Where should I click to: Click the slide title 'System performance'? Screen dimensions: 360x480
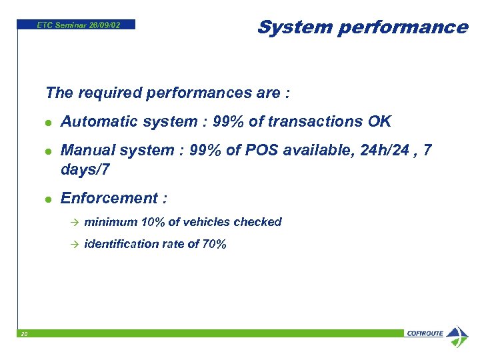[362, 27]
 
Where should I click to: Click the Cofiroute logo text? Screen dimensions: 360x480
[425, 334]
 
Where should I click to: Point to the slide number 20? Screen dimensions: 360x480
[23, 334]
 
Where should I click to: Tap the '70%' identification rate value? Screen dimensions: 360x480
[214, 245]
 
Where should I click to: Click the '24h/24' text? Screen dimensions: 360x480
[377, 151]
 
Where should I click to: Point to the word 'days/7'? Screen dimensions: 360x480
[85, 171]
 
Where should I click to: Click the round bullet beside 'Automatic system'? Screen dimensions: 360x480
[48, 123]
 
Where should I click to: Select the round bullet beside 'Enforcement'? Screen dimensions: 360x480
[48, 199]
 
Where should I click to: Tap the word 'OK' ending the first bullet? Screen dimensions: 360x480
[379, 122]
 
